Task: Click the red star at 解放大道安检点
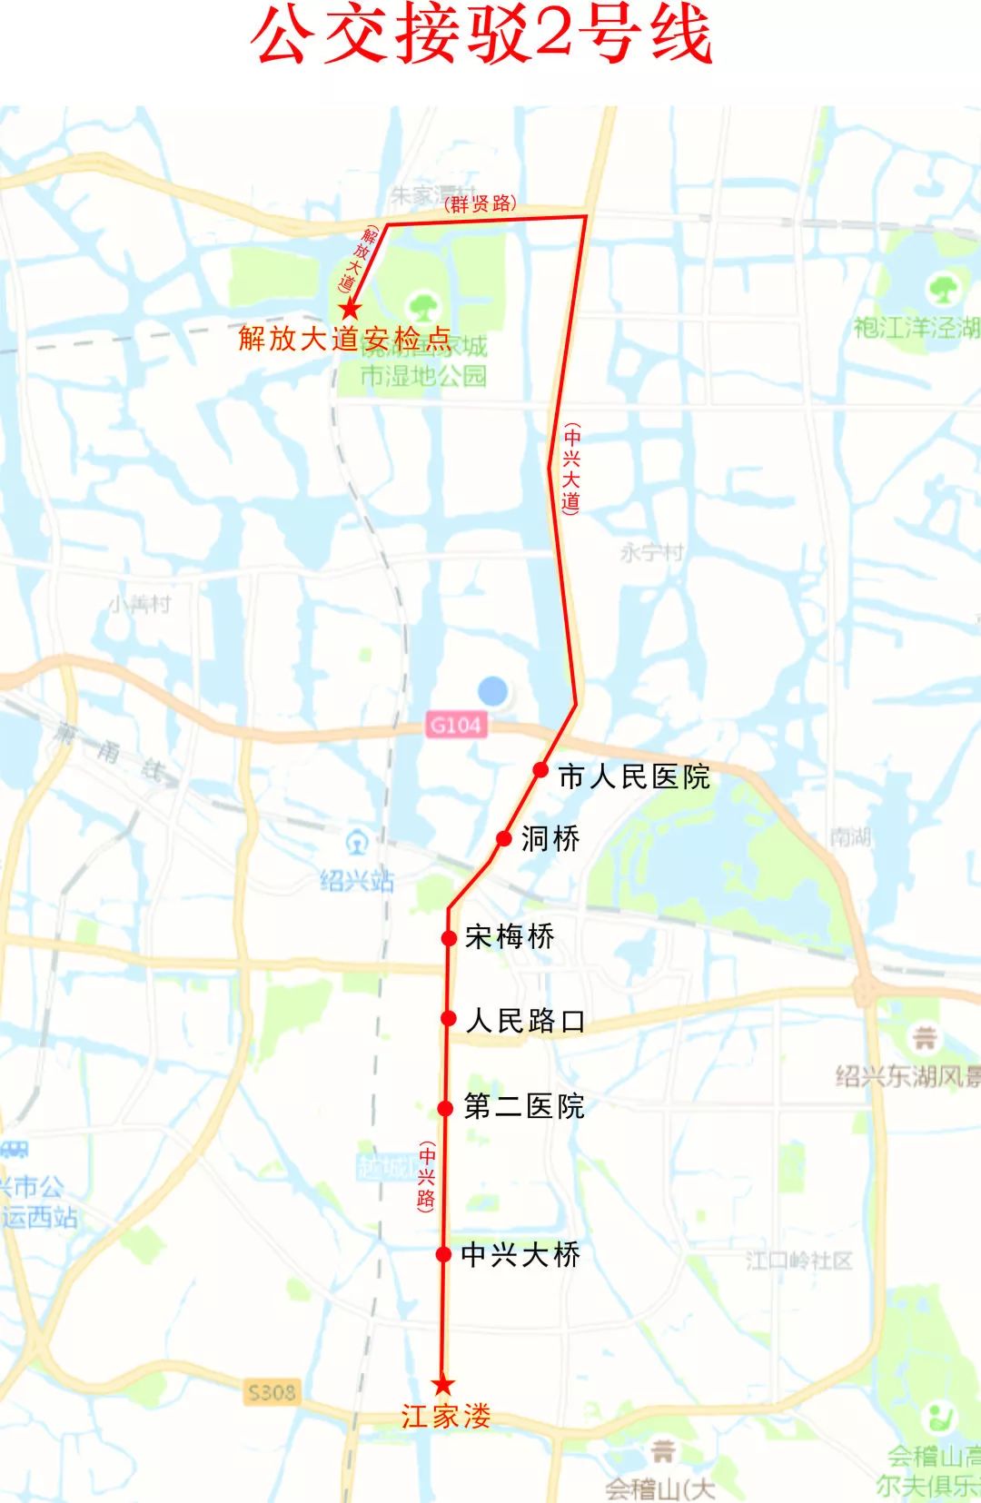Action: (351, 309)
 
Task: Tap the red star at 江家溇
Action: (442, 1384)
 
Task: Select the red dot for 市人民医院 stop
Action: (540, 770)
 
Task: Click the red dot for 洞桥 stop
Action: (504, 838)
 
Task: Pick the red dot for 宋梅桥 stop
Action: (449, 937)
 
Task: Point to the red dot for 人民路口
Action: (448, 1019)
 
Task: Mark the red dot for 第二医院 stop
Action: (445, 1108)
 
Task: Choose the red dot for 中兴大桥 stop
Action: (443, 1254)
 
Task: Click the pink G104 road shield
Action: (455, 725)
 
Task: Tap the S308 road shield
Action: (272, 1392)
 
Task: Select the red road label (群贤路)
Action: (480, 203)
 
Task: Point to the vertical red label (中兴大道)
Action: (570, 468)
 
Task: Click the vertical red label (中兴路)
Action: (426, 1177)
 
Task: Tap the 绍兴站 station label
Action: (357, 880)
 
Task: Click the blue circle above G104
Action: (492, 691)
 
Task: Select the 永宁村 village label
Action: (651, 552)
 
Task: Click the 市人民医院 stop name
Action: (634, 777)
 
